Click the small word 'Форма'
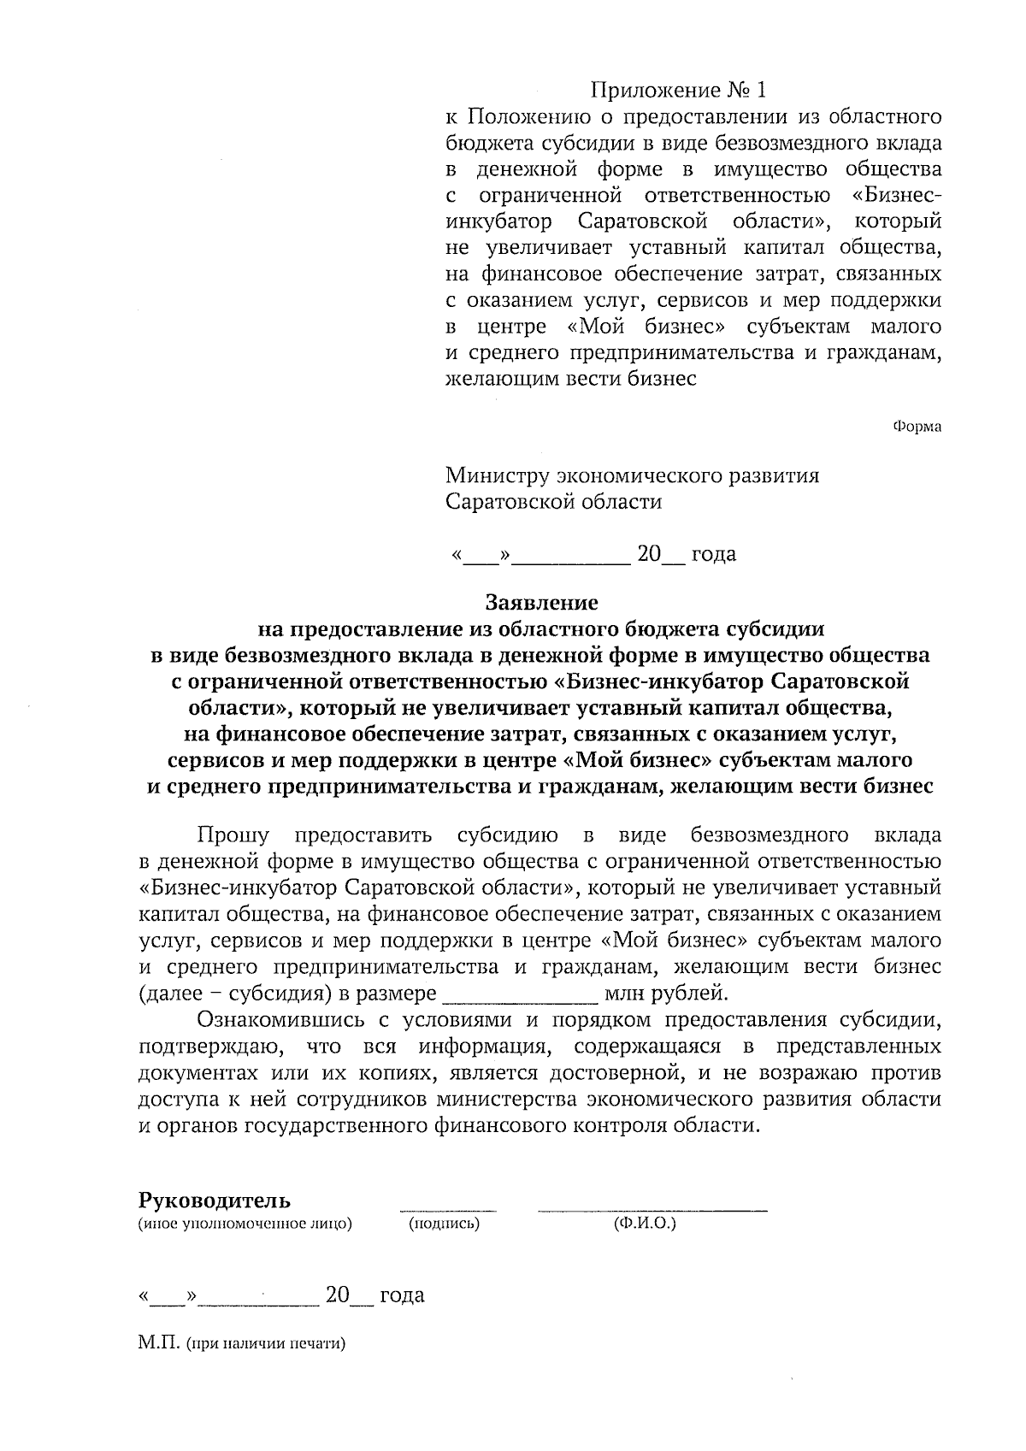[x=917, y=426]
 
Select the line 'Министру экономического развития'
[x=632, y=475]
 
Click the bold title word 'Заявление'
[x=541, y=602]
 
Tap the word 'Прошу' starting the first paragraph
[x=233, y=835]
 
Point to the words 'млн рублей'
[x=667, y=994]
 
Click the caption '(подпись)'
[x=444, y=1224]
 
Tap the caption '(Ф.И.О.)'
[x=645, y=1224]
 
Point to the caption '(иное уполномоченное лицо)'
[x=245, y=1224]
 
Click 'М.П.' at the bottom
[x=156, y=1343]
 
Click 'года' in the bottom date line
[x=402, y=1295]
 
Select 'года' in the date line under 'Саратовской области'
[x=713, y=554]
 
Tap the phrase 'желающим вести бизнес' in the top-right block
[x=571, y=378]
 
